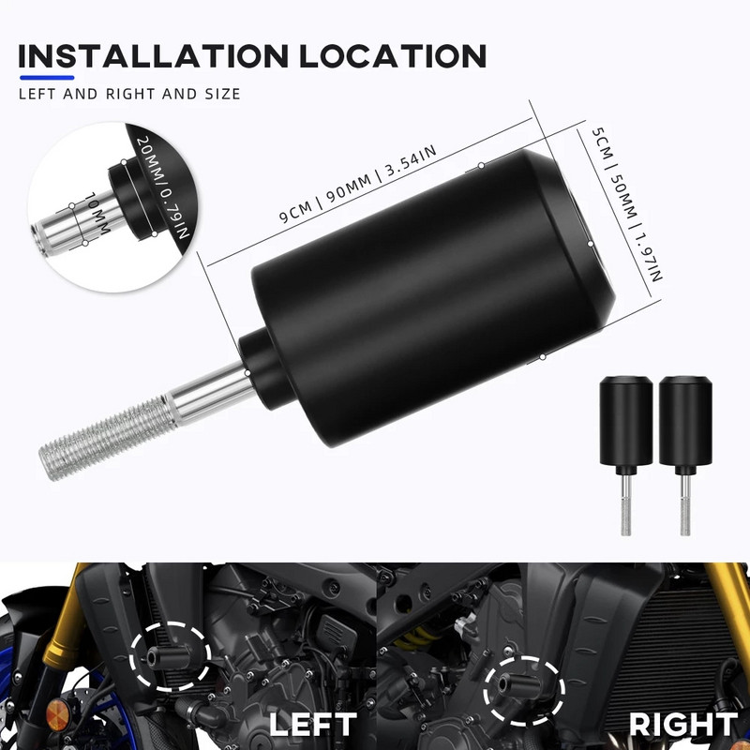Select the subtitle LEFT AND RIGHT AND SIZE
(x=129, y=94)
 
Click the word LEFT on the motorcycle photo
(x=312, y=724)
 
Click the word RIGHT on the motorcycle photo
(x=682, y=724)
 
